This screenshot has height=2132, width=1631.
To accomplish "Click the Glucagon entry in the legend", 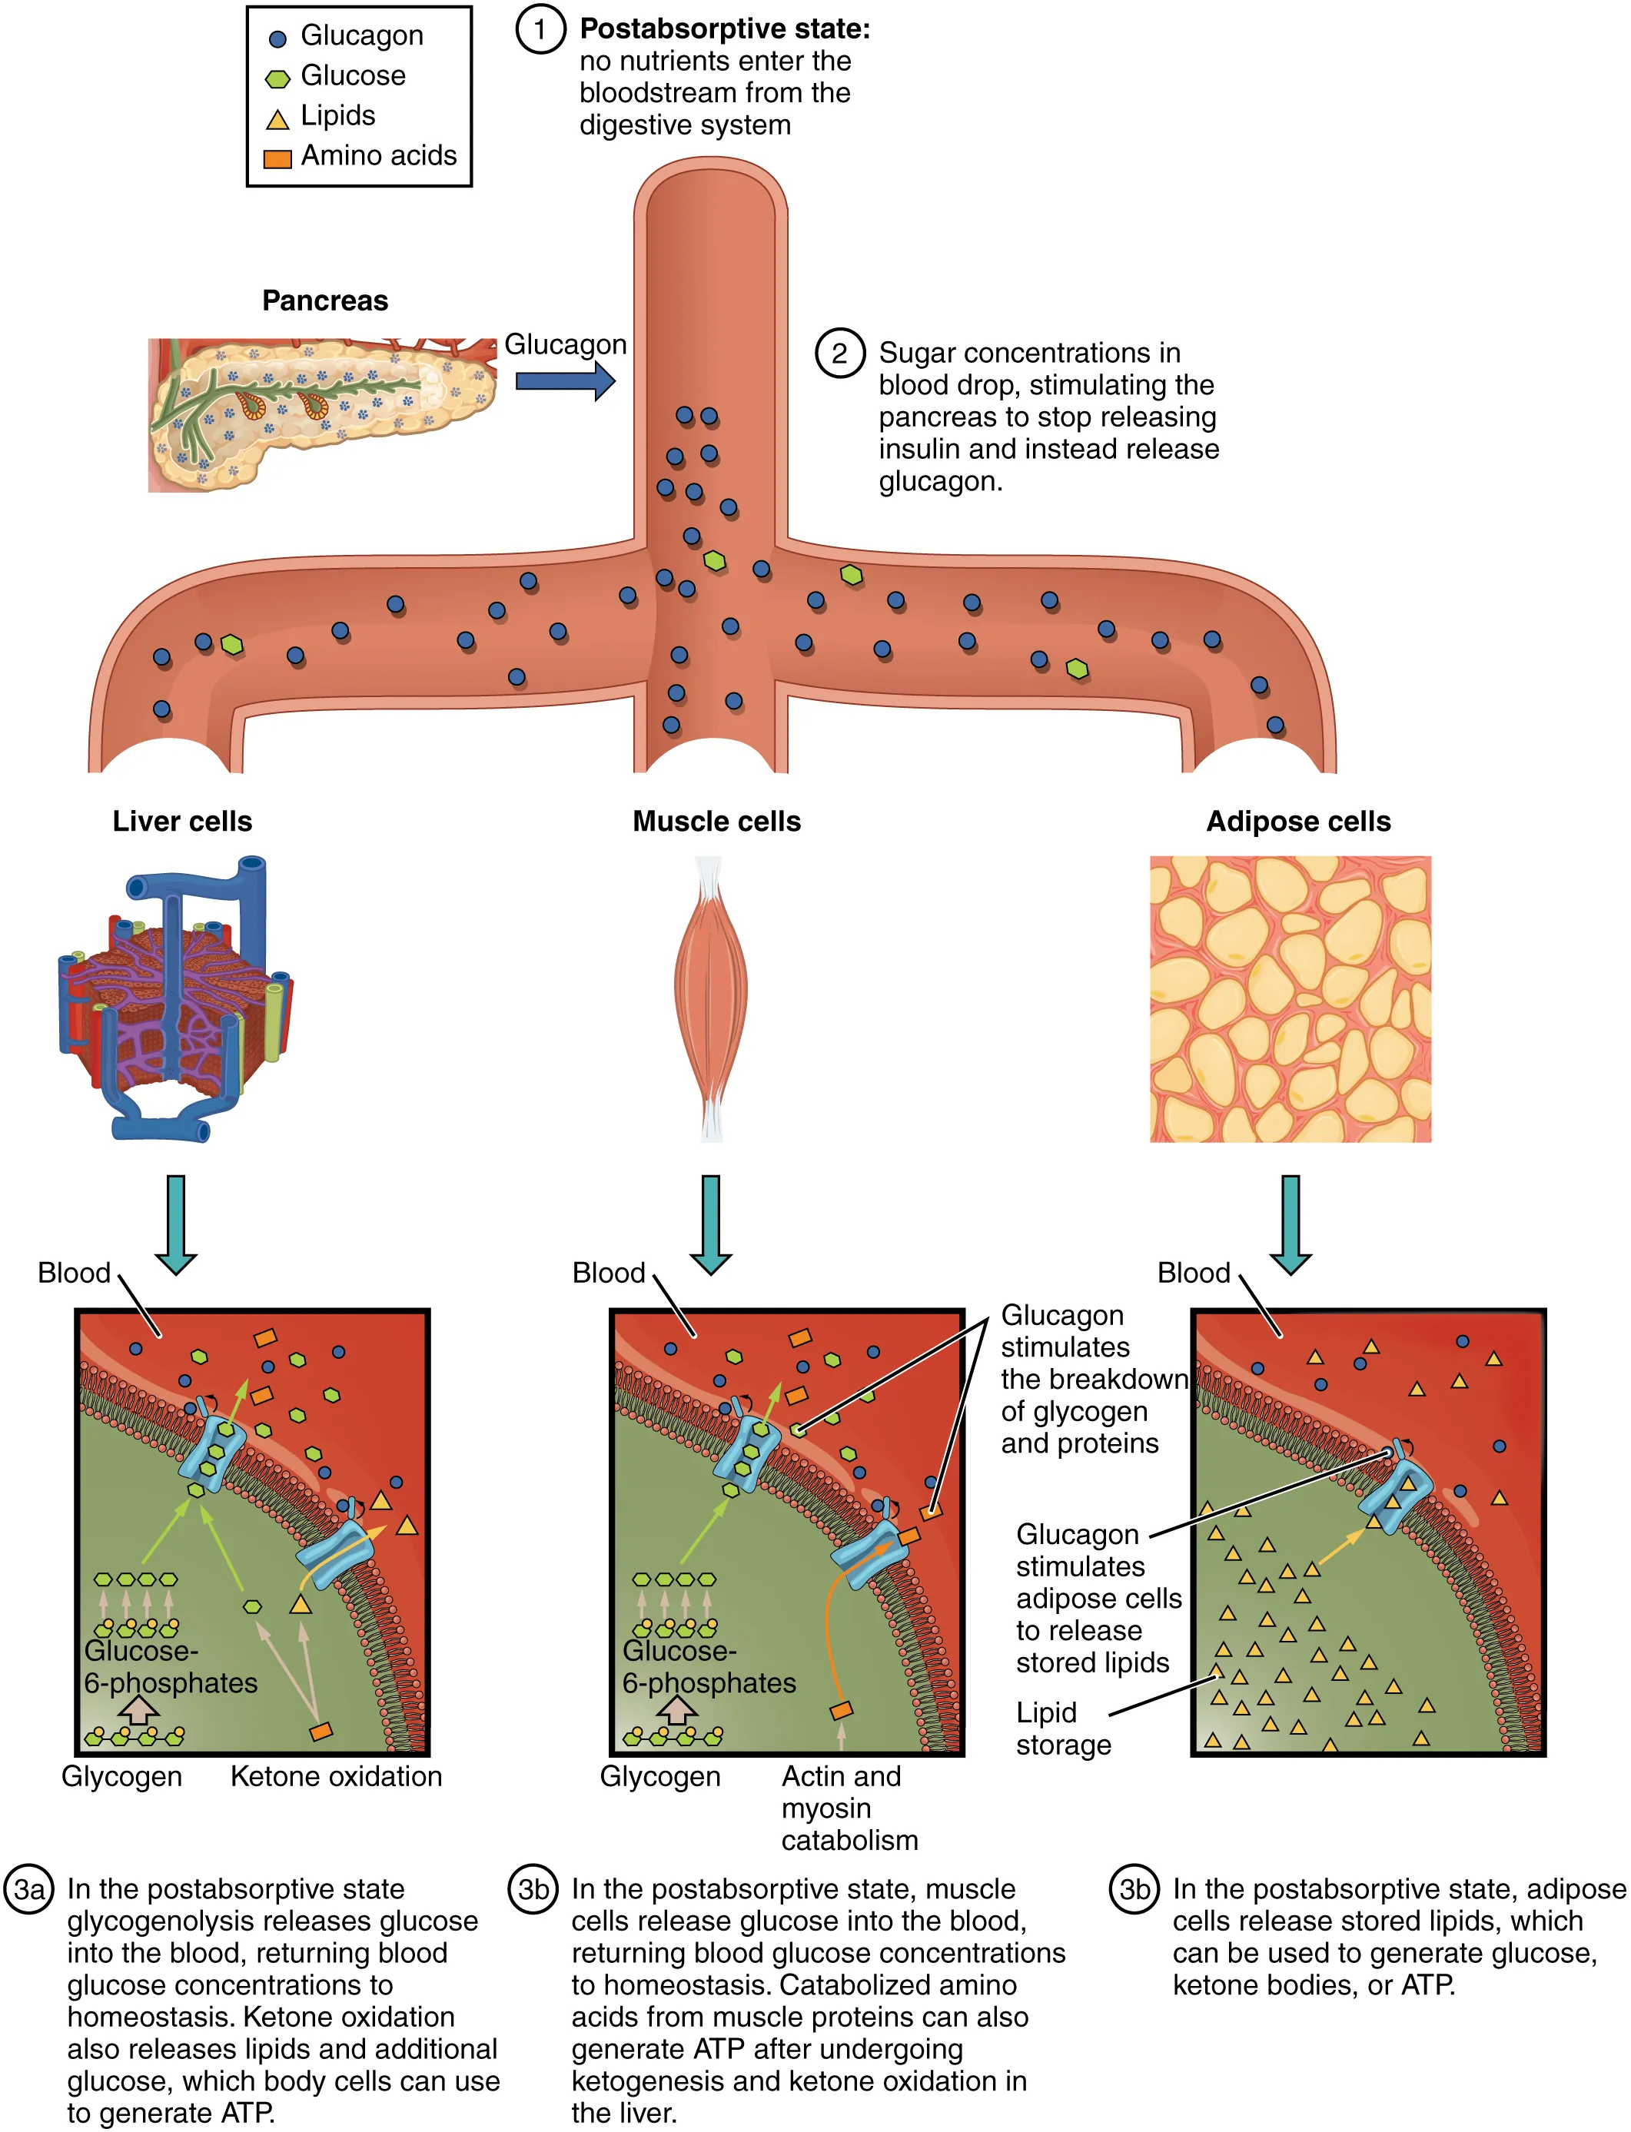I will click(360, 36).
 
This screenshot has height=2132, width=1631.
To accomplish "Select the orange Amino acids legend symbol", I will click(277, 158).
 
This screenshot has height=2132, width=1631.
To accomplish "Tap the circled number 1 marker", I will click(540, 29).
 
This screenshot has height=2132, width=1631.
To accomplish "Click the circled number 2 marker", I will click(839, 354).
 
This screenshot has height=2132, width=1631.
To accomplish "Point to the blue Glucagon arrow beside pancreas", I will click(565, 380).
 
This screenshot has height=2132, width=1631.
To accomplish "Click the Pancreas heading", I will click(324, 301).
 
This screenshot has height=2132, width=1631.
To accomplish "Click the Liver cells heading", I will click(181, 822).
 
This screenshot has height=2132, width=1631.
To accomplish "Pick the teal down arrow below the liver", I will click(176, 1224).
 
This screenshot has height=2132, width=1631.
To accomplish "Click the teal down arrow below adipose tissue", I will click(1291, 1224).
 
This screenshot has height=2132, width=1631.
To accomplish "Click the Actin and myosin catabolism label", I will click(849, 1808).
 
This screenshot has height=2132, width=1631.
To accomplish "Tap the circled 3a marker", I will click(29, 1889).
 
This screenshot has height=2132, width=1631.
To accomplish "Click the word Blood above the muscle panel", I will click(608, 1273).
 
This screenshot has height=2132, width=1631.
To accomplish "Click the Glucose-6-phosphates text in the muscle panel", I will click(708, 1667).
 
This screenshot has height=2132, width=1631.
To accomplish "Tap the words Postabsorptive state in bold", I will click(723, 29).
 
